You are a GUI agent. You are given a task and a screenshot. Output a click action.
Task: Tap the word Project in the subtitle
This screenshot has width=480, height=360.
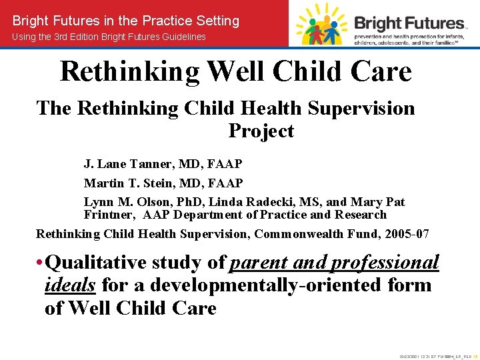click(x=261, y=131)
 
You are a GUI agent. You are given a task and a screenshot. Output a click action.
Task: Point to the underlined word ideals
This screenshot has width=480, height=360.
click(x=70, y=285)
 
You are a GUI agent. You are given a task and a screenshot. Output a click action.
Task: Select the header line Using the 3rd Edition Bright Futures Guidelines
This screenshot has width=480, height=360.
click(x=109, y=37)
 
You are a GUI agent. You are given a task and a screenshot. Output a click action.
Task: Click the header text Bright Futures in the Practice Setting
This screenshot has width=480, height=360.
click(x=125, y=21)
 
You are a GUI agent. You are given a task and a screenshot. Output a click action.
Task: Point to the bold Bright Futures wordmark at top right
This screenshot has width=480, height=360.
click(x=408, y=23)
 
